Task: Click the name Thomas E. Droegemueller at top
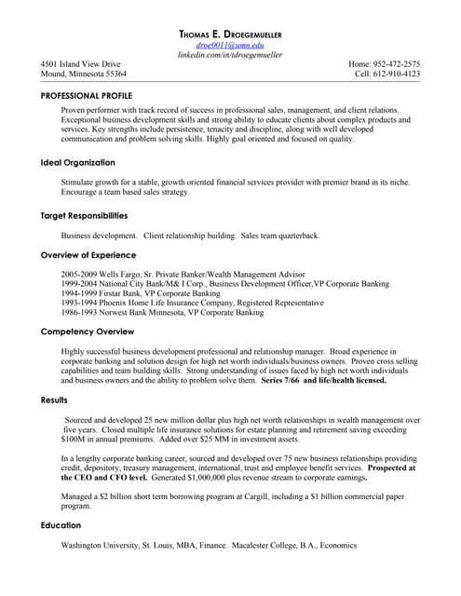(x=230, y=34)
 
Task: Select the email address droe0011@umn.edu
(x=230, y=46)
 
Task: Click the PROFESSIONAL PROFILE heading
(x=87, y=96)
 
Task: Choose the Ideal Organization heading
(x=77, y=163)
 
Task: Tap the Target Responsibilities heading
(x=84, y=216)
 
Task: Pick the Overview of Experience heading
(x=88, y=254)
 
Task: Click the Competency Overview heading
(x=88, y=332)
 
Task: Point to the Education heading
(x=61, y=525)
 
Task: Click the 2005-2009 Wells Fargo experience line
(x=183, y=275)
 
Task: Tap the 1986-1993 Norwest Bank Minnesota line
(x=162, y=313)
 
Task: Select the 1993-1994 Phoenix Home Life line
(x=192, y=304)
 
